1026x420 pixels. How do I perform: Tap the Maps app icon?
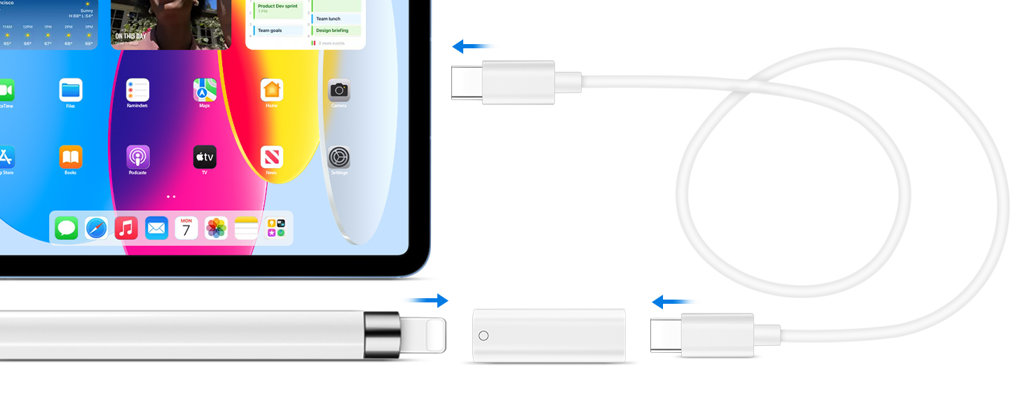point(205,90)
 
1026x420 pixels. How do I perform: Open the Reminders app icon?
point(137,90)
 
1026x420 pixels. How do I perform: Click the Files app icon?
point(71,90)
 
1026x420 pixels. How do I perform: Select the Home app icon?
point(272,90)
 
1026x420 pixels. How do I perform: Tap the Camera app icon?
point(339,90)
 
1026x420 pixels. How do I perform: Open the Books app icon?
point(71,157)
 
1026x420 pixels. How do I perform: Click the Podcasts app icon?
point(137,157)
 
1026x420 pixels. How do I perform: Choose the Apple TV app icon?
point(205,157)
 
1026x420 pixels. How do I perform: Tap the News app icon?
point(272,157)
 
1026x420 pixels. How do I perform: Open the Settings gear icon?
point(339,157)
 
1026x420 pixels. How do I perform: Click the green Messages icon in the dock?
point(67,228)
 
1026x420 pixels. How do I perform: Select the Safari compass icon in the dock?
point(97,228)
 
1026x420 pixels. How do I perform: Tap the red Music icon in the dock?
point(126,228)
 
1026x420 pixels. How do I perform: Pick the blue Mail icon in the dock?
point(156,228)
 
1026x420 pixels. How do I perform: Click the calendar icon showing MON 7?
point(186,228)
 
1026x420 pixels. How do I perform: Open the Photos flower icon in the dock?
point(217,228)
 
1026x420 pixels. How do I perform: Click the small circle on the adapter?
point(484,335)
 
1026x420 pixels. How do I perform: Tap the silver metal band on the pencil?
point(381,335)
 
